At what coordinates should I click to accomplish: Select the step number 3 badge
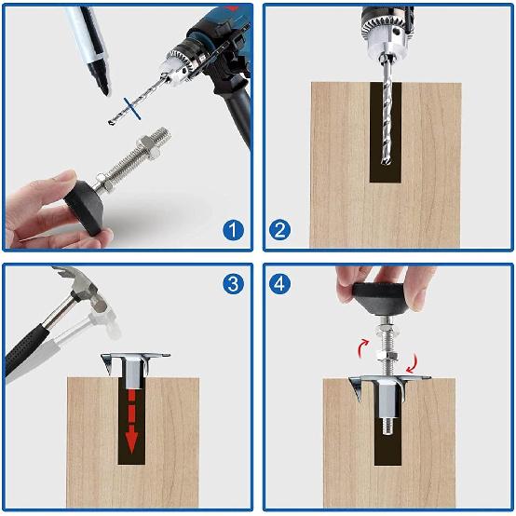[x=233, y=284]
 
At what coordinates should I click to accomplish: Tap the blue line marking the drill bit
[x=136, y=113]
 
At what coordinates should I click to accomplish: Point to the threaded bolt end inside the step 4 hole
[x=387, y=428]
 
